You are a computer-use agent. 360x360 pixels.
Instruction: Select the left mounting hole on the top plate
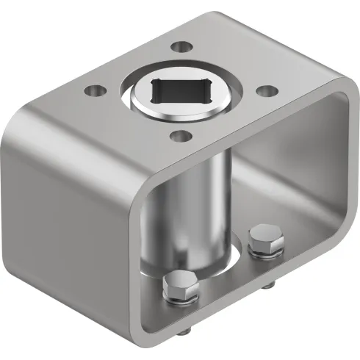[93, 92]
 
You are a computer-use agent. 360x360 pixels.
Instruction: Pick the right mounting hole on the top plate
[269, 90]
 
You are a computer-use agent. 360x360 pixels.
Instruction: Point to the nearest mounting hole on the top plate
[179, 135]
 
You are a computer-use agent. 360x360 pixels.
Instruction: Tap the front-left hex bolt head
[180, 287]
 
